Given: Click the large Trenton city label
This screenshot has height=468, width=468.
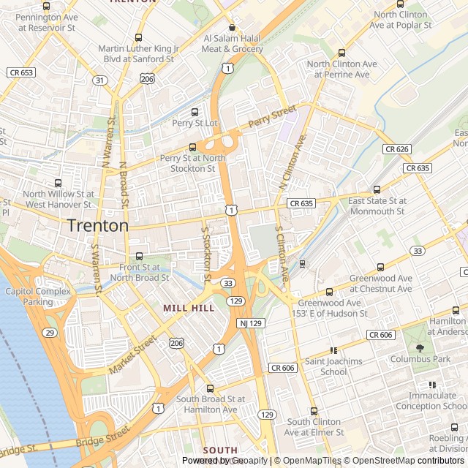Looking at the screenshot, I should (98, 226).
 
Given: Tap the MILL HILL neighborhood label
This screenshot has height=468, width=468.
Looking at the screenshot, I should (189, 308).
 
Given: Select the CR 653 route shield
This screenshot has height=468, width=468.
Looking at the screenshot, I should (21, 72).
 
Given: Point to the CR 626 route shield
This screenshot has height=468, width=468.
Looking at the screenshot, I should (396, 149).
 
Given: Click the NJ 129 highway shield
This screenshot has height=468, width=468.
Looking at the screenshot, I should (249, 322).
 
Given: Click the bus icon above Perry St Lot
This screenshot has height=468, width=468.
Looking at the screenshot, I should (195, 112).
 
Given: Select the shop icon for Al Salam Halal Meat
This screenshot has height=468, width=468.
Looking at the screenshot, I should (233, 27).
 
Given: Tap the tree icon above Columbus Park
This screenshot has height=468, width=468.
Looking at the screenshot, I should (420, 348).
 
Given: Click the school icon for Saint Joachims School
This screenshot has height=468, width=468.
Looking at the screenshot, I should (333, 350).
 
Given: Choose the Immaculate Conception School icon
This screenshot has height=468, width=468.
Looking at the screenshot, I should (432, 384).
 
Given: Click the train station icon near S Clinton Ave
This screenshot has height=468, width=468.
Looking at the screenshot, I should (302, 263).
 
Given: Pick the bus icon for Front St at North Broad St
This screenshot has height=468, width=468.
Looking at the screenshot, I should (138, 256).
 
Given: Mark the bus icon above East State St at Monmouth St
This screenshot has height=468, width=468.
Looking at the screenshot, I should (377, 189).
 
